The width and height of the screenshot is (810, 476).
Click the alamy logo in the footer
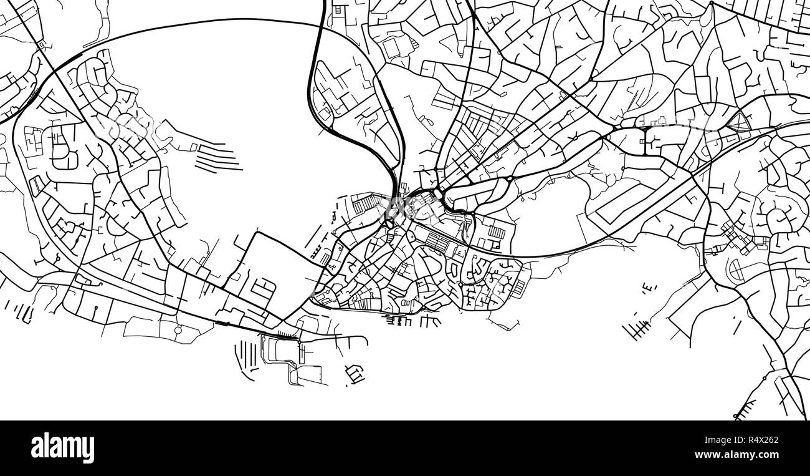click(62, 448)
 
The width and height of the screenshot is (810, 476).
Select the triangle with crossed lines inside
click(740, 122)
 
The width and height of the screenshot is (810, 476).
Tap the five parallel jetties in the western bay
click(218, 158)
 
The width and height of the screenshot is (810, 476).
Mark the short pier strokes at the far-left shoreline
click(19, 311)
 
